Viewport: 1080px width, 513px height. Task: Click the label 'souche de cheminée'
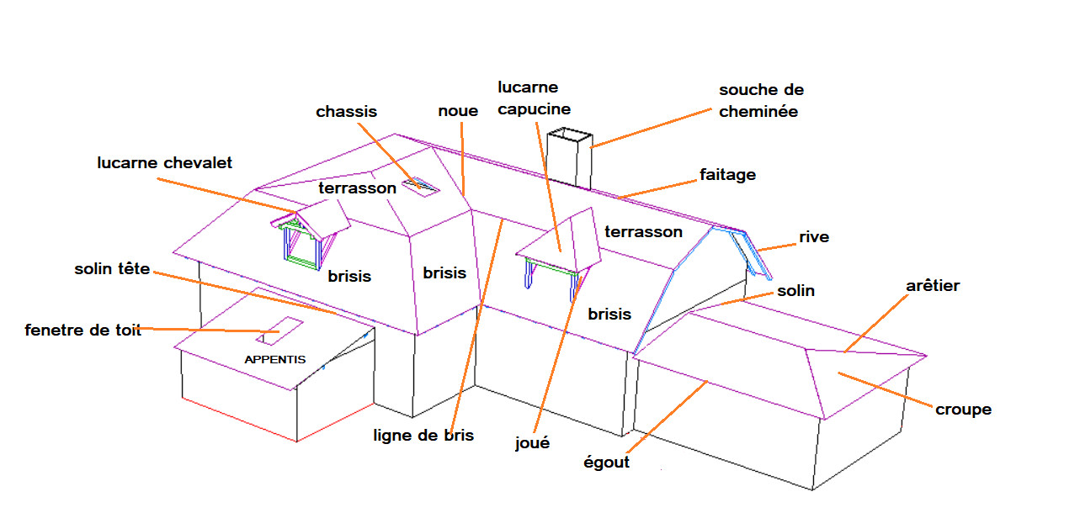tap(761, 100)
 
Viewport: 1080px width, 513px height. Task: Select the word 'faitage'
tap(727, 175)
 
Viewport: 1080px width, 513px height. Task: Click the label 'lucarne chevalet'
tap(164, 162)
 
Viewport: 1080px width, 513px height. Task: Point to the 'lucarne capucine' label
tap(534, 98)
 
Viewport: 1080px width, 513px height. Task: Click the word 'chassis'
tap(346, 111)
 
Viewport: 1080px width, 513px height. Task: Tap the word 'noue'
tap(458, 111)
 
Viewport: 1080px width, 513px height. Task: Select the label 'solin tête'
tap(112, 269)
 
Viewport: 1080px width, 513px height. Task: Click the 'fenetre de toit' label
tap(82, 330)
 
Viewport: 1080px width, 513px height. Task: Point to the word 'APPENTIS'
tap(274, 359)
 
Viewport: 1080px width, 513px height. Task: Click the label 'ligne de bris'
tap(424, 435)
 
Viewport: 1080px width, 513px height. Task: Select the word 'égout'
tap(606, 462)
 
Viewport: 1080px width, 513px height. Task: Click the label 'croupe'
tap(963, 410)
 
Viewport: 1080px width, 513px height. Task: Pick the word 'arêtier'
tap(933, 286)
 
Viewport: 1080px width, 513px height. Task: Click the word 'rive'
tap(814, 237)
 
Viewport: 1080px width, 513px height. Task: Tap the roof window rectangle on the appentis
tap(279, 331)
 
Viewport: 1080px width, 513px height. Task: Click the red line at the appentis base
tap(239, 419)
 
